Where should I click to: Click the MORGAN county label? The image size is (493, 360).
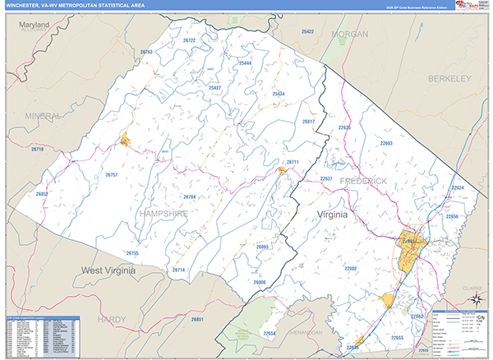(349, 34)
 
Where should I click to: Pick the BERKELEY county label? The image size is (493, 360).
(449, 78)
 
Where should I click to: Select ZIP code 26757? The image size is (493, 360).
(112, 175)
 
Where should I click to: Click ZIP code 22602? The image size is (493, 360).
(351, 269)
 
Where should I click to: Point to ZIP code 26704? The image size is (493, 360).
(189, 197)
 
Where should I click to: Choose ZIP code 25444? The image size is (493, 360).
(245, 62)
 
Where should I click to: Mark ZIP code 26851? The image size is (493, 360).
(196, 319)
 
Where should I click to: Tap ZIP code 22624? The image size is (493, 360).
(458, 188)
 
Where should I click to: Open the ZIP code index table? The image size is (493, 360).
(41, 336)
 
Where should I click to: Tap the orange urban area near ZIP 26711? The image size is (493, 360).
(282, 171)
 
